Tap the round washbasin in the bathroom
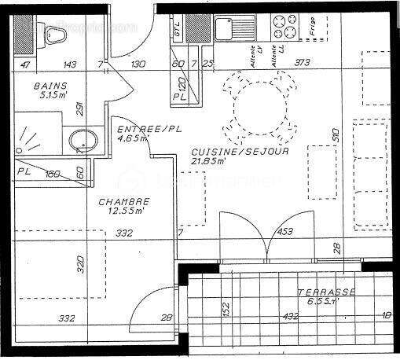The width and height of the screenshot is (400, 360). pyautogui.click(x=81, y=142)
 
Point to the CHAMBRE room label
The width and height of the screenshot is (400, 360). pyautogui.click(x=123, y=202)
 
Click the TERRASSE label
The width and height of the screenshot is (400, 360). pyautogui.click(x=326, y=292)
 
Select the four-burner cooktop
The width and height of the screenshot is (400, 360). pyautogui.click(x=284, y=28)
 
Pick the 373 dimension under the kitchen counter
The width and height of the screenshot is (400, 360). pyautogui.click(x=300, y=64)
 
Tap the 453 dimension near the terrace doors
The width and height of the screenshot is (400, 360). pyautogui.click(x=285, y=232)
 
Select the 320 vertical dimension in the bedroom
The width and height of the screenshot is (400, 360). pyautogui.click(x=80, y=265)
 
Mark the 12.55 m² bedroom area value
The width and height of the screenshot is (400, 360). pyautogui.click(x=126, y=211)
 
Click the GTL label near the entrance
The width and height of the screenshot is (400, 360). pyautogui.click(x=178, y=31)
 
